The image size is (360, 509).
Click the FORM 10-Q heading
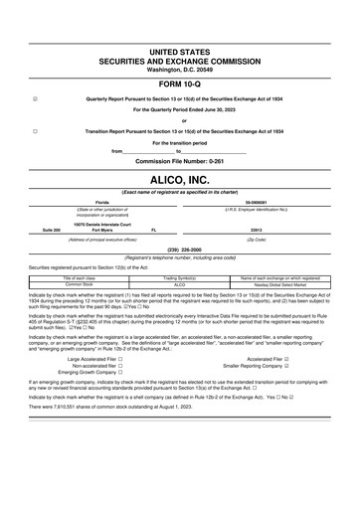click(179, 84)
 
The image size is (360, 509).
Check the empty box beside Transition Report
click(35, 131)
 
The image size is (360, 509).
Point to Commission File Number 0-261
click(179, 161)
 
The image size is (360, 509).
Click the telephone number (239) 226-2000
click(179, 250)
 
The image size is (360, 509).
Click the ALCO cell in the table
click(180, 284)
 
